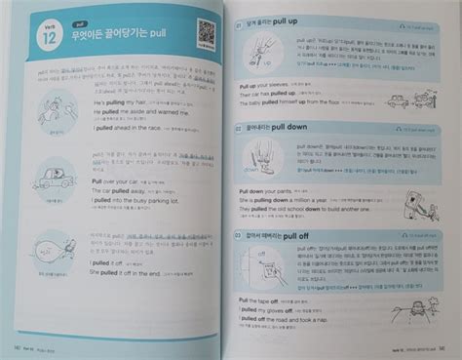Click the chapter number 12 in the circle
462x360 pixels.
(41, 40)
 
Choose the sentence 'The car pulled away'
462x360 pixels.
(118, 191)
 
